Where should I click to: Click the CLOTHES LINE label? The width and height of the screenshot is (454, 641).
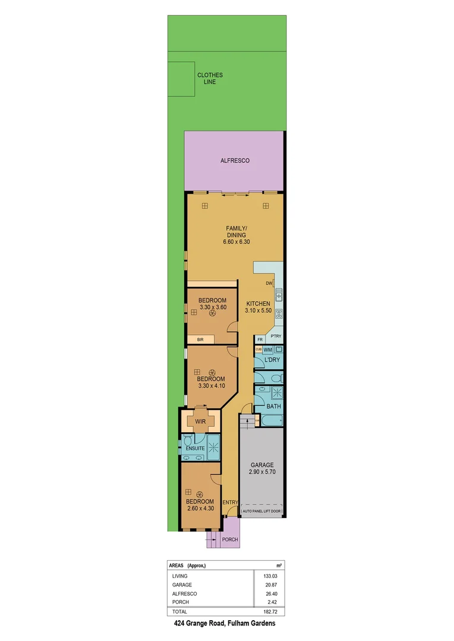tap(210, 78)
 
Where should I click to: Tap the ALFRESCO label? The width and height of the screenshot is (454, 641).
tap(235, 161)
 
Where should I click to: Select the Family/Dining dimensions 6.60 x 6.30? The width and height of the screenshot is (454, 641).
tap(235, 242)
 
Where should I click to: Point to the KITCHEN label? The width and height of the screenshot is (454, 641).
tap(258, 303)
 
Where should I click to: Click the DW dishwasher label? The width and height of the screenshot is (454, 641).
tap(269, 283)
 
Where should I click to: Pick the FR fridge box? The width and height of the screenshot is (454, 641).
tap(260, 339)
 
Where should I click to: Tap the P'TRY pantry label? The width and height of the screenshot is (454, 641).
tap(276, 335)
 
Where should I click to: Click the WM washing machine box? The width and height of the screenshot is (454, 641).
tap(268, 350)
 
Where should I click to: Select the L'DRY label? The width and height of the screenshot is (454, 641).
tap(271, 361)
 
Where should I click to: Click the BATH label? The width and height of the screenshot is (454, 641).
tap(273, 406)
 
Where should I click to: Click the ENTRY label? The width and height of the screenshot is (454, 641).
tap(230, 503)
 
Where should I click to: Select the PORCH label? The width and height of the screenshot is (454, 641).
tap(229, 540)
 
